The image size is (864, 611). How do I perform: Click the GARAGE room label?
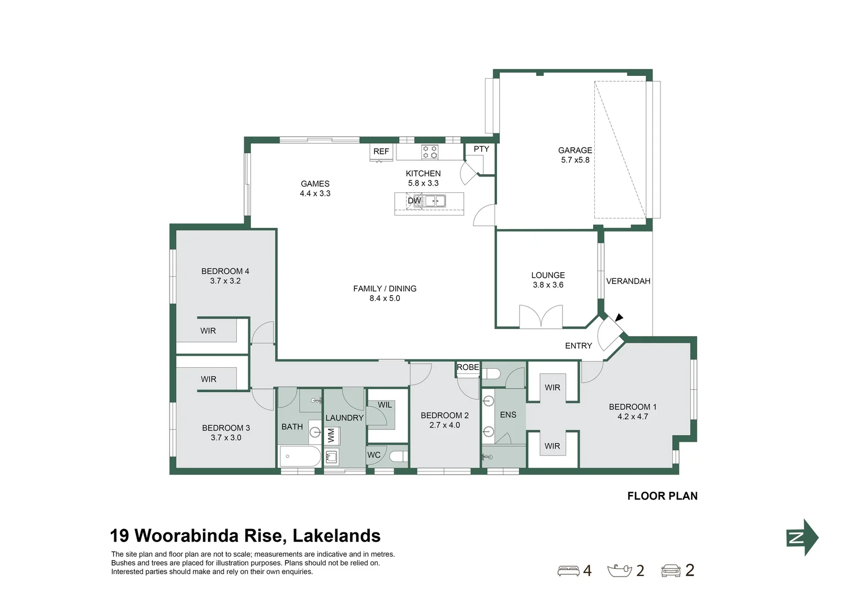[575, 150]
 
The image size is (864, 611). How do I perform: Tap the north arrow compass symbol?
[802, 537]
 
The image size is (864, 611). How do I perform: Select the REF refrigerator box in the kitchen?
[381, 152]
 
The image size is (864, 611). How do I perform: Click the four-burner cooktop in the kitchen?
[430, 152]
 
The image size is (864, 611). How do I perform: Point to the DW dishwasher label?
[414, 201]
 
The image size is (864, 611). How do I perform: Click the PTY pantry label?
[481, 149]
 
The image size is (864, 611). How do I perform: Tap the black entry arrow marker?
[619, 318]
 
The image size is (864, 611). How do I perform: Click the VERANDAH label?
[628, 281]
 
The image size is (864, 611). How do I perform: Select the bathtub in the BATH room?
[300, 456]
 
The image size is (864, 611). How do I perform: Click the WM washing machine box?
[331, 435]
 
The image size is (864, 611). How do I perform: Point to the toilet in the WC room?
[399, 456]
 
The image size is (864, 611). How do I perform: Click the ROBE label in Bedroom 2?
[468, 368]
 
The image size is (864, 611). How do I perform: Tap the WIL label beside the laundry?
[385, 405]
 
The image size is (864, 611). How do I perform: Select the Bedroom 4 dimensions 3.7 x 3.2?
[225, 281]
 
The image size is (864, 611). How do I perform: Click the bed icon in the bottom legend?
[568, 571]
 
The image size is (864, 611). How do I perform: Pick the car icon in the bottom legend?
[671, 571]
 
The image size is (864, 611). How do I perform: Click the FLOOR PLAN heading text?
[662, 496]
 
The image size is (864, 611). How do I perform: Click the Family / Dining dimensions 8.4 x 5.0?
[385, 299]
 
